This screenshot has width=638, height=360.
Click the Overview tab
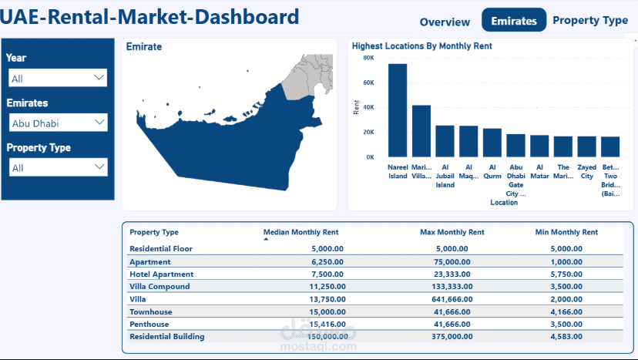pyautogui.click(x=445, y=22)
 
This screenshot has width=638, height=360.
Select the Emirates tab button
pyautogui.click(x=513, y=21)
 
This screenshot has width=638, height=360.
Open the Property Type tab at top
pyautogui.click(x=590, y=20)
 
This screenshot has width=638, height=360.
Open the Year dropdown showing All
pyautogui.click(x=58, y=79)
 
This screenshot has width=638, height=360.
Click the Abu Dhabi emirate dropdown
pyautogui.click(x=58, y=123)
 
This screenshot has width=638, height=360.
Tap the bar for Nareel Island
pyautogui.click(x=398, y=110)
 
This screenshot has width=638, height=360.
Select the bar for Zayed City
pyautogui.click(x=587, y=146)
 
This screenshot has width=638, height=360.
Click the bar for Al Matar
pyautogui.click(x=539, y=146)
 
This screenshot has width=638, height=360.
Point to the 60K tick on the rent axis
pyautogui.click(x=368, y=82)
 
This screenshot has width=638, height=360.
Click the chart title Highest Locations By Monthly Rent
pyautogui.click(x=421, y=46)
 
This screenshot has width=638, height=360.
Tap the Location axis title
pyautogui.click(x=504, y=203)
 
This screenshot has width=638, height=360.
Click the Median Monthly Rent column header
pyautogui.click(x=301, y=232)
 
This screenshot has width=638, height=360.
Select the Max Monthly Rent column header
pyautogui.click(x=452, y=232)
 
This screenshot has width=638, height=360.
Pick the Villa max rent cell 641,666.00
pyautogui.click(x=452, y=299)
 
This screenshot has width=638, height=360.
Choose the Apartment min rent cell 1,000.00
pyautogui.click(x=566, y=262)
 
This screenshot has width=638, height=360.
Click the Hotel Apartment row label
pyautogui.click(x=162, y=274)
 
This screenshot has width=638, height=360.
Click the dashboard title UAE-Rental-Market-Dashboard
pyautogui.click(x=150, y=16)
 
